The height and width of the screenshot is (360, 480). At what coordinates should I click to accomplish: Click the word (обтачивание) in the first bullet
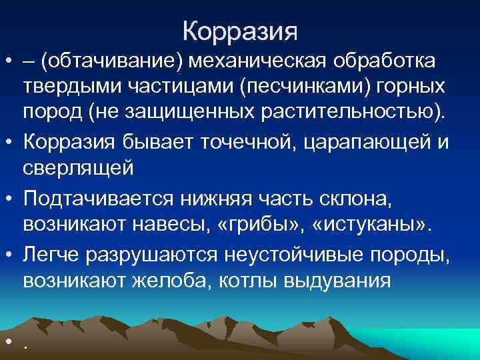(111, 61)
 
